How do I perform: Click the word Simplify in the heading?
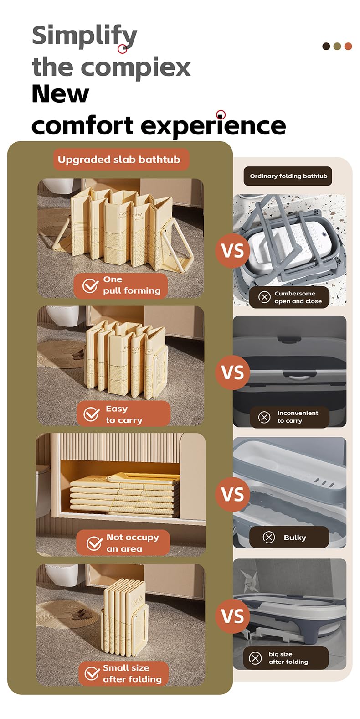(84, 36)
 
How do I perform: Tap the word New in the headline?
(60, 94)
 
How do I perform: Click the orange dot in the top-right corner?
(348, 46)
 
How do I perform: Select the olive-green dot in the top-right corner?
(337, 46)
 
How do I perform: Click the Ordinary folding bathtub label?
(288, 176)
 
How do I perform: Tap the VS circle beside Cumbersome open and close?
(232, 250)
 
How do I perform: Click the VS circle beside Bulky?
(232, 494)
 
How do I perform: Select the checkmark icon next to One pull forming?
(90, 285)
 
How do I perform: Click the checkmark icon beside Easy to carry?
(92, 414)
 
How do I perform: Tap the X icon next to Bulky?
(269, 537)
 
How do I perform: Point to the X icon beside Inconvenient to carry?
(264, 417)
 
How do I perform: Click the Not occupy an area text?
(133, 543)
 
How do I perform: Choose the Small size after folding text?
(132, 673)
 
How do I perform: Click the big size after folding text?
(288, 658)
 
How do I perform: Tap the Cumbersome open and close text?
(298, 297)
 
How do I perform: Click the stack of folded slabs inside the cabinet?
(125, 494)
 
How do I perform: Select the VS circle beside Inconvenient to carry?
(232, 372)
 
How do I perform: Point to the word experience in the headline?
(213, 125)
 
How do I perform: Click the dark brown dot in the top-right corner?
(326, 46)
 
